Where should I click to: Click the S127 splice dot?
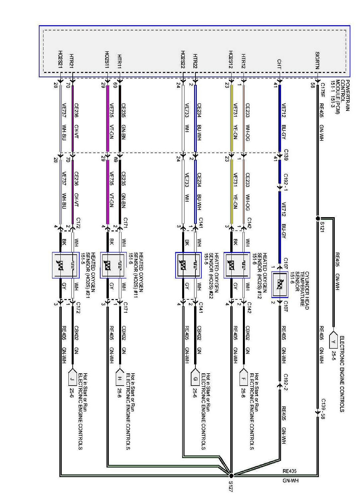click(x=231, y=475)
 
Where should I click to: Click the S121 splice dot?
click(x=318, y=218)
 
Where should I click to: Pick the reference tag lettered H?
click(x=119, y=378)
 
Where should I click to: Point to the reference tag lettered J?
click(x=72, y=378)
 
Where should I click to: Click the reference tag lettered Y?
click(x=333, y=341)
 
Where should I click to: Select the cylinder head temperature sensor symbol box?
click(x=279, y=284)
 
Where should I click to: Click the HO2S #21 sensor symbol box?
click(x=66, y=265)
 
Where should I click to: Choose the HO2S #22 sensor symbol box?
click(x=188, y=265)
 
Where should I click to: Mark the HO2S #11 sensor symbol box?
click(x=113, y=265)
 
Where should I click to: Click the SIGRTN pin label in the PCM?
click(x=317, y=60)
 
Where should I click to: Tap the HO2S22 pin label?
click(x=182, y=60)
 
